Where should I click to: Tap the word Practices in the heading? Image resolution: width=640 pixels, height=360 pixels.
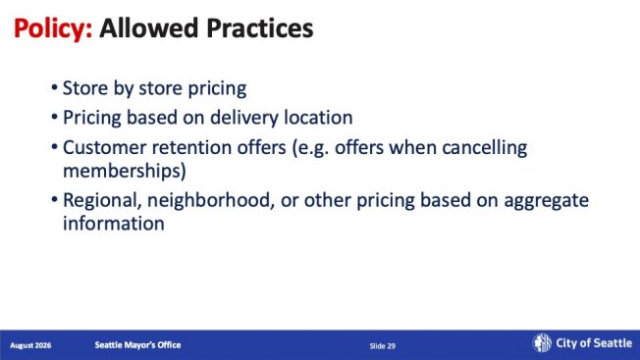click(260, 28)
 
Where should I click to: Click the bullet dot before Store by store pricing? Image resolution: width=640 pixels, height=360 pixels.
click(54, 87)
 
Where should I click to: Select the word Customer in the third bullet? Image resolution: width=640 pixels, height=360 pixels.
click(104, 147)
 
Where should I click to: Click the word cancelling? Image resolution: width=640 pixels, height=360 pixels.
click(485, 148)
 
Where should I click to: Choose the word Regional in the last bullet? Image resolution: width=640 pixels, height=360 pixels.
click(102, 200)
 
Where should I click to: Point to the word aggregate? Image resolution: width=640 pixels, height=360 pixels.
click(546, 201)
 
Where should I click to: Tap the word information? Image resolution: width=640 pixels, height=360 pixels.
click(114, 224)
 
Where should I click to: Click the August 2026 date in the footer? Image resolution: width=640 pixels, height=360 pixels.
click(30, 345)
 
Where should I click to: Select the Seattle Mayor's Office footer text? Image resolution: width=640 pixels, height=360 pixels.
click(137, 345)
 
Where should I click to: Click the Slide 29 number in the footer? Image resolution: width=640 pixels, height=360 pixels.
click(383, 346)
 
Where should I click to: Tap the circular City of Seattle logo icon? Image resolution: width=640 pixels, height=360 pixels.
click(542, 342)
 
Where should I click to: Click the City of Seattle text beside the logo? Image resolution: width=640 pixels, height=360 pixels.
click(594, 343)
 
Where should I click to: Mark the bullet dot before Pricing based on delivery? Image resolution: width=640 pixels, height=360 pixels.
click(54, 117)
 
